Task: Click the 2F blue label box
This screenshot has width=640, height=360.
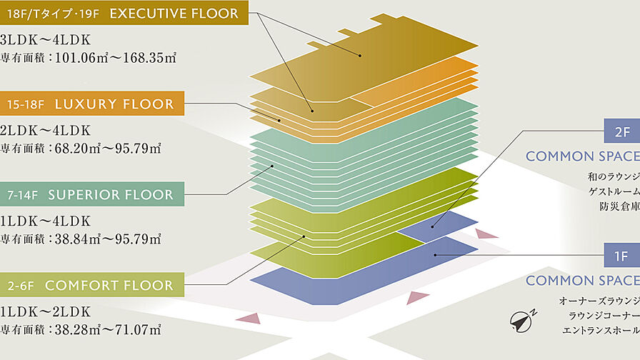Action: point(621,131)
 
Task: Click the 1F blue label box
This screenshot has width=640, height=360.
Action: point(621,256)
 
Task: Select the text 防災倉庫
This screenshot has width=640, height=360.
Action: point(619,207)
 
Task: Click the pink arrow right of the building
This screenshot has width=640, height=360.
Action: point(486,234)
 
